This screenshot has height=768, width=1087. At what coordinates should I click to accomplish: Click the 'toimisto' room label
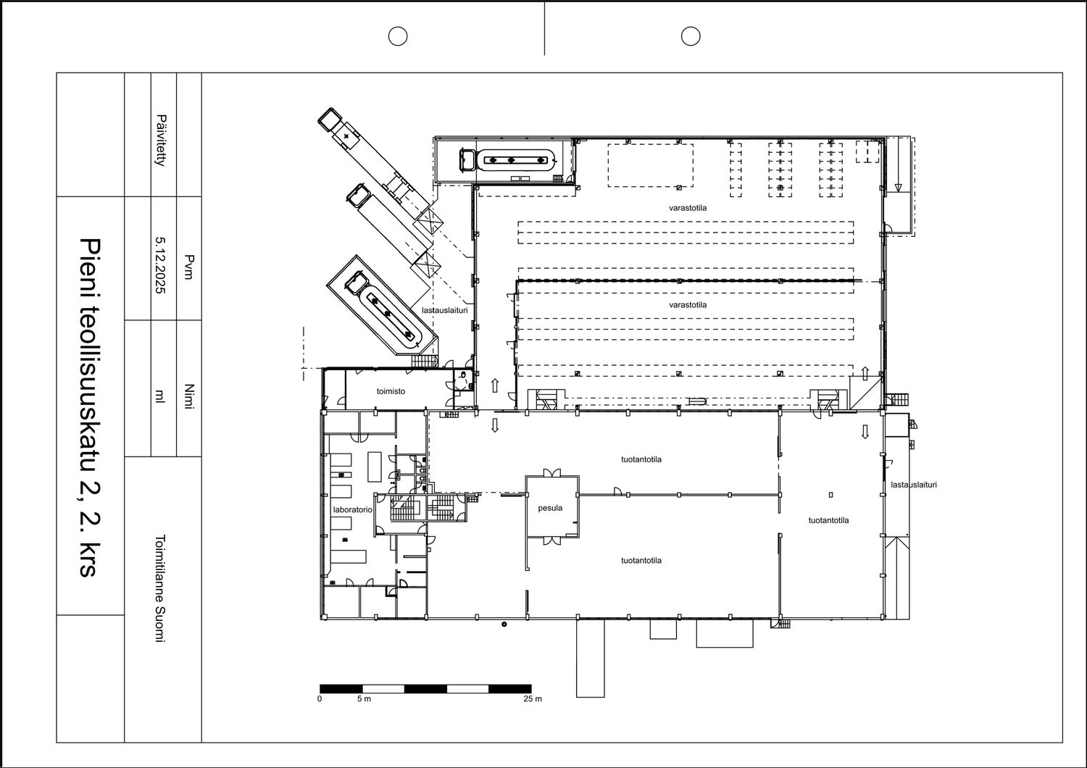[391, 391]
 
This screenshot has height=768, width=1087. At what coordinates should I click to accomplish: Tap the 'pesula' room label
[550, 508]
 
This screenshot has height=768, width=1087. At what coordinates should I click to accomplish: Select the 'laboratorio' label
[352, 509]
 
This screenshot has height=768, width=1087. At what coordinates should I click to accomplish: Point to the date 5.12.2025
[160, 265]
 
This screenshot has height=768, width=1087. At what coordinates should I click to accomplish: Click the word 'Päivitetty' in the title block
[161, 141]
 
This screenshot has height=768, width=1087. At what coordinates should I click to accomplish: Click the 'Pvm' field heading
[188, 267]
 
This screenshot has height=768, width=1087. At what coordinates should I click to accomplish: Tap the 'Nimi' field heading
[188, 397]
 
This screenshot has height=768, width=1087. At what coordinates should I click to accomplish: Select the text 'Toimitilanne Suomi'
[160, 588]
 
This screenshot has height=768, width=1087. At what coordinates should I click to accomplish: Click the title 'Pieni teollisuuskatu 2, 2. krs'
[90, 406]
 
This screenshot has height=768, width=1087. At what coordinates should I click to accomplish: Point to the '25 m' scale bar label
[533, 698]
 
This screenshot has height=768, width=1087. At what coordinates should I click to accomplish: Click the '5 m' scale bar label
[364, 698]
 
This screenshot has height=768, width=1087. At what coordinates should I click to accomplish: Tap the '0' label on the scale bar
[320, 698]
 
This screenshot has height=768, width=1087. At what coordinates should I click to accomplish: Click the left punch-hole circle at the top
[397, 36]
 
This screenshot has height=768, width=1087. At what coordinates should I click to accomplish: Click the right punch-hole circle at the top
[691, 36]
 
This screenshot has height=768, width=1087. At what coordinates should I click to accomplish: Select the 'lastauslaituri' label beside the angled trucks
[444, 310]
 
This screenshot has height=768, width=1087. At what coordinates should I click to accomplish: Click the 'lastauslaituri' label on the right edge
[914, 484]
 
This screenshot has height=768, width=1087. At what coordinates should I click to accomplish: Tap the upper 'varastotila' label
[688, 208]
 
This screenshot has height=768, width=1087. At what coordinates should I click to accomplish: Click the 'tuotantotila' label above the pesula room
[641, 459]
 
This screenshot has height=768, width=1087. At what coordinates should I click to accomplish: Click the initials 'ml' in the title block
[159, 397]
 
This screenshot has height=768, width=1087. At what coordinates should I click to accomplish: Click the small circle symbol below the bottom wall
[504, 624]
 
